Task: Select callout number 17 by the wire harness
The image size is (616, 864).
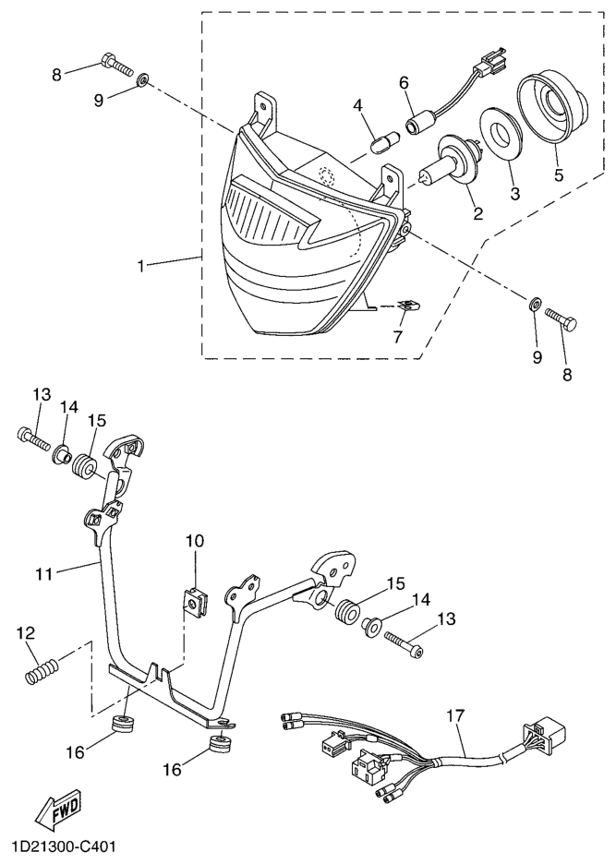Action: [x=455, y=715]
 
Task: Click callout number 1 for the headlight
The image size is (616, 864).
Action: [x=140, y=266]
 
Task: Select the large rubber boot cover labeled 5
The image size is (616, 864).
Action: [x=551, y=106]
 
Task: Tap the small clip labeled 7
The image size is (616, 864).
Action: [x=408, y=306]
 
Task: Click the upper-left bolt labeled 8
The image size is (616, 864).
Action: [x=117, y=64]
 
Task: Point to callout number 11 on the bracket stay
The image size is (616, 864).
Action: [x=44, y=573]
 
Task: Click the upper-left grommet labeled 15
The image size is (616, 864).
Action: [x=85, y=465]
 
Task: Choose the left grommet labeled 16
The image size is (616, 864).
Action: [x=123, y=723]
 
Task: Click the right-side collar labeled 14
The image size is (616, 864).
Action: [x=371, y=627]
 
